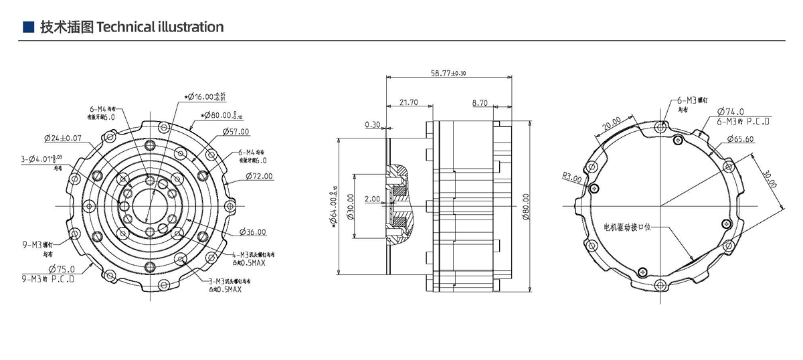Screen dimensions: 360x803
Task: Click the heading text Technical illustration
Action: (161, 27)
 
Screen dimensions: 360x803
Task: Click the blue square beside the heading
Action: (28, 27)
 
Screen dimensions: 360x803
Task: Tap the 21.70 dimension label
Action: (409, 102)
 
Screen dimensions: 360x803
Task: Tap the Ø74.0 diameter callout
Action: (731, 112)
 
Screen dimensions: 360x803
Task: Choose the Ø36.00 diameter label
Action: (252, 232)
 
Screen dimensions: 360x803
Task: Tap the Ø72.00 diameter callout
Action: (258, 176)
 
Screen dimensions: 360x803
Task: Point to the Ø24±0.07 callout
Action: (63, 139)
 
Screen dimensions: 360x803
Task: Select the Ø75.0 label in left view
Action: (60, 269)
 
